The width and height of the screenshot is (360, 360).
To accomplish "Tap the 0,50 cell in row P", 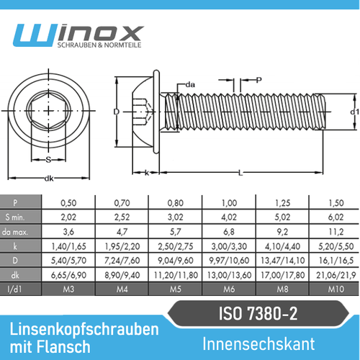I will tap(69, 203).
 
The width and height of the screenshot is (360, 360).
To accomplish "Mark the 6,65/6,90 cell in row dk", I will tap(69, 274).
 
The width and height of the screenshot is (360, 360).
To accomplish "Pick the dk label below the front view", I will tap(49, 178).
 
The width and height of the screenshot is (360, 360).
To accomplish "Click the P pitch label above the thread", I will tap(258, 80).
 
